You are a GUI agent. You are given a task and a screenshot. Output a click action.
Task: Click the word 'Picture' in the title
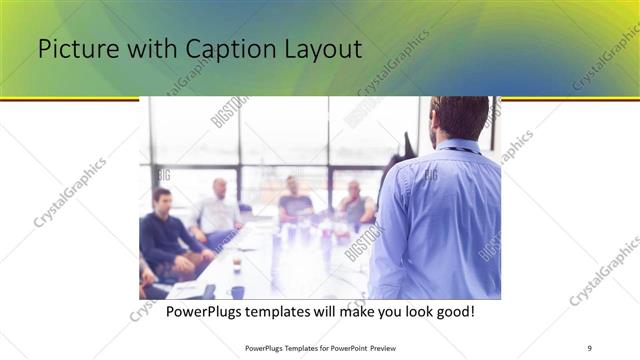[x=73, y=50]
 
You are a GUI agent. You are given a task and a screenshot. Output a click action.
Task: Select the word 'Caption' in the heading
[x=208, y=50]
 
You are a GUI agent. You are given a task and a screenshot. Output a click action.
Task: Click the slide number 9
[x=589, y=347]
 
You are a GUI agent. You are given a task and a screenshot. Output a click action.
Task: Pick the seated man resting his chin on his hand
[x=354, y=204]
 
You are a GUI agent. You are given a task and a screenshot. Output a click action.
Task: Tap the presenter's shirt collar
[x=463, y=145]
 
